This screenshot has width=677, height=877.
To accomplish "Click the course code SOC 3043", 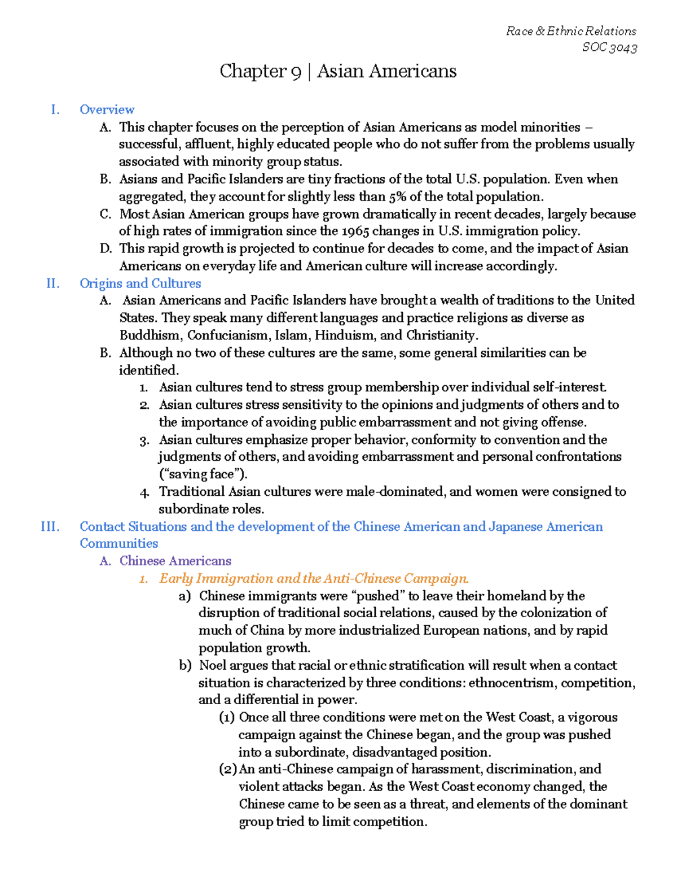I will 609,47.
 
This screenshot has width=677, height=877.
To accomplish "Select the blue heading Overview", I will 107,110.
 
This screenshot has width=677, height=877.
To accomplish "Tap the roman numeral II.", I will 52,283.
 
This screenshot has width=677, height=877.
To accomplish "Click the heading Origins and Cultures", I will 140,283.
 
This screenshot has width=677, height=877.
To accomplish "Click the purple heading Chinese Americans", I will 175,561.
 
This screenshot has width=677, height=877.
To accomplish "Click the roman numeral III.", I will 50,527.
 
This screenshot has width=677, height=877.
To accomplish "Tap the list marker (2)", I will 227,769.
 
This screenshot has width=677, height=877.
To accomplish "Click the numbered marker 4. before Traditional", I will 144,492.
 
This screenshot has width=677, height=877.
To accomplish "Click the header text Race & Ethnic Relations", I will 571,31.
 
